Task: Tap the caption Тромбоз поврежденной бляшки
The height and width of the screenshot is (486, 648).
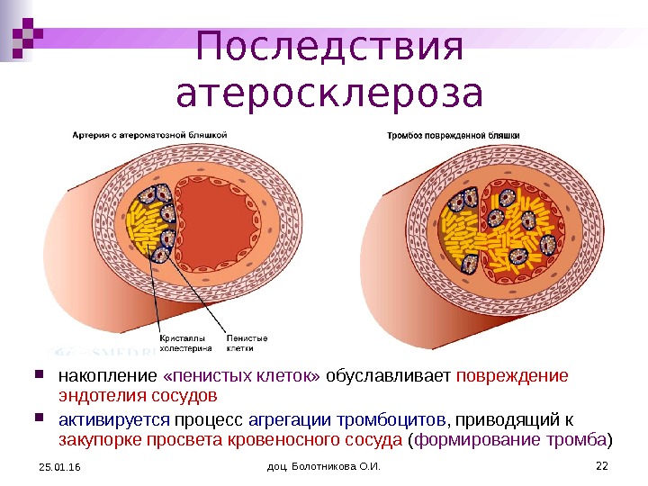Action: (x=453, y=135)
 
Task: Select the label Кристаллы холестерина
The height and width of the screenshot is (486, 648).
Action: (x=185, y=342)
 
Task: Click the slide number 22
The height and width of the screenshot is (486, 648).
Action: (x=602, y=464)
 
